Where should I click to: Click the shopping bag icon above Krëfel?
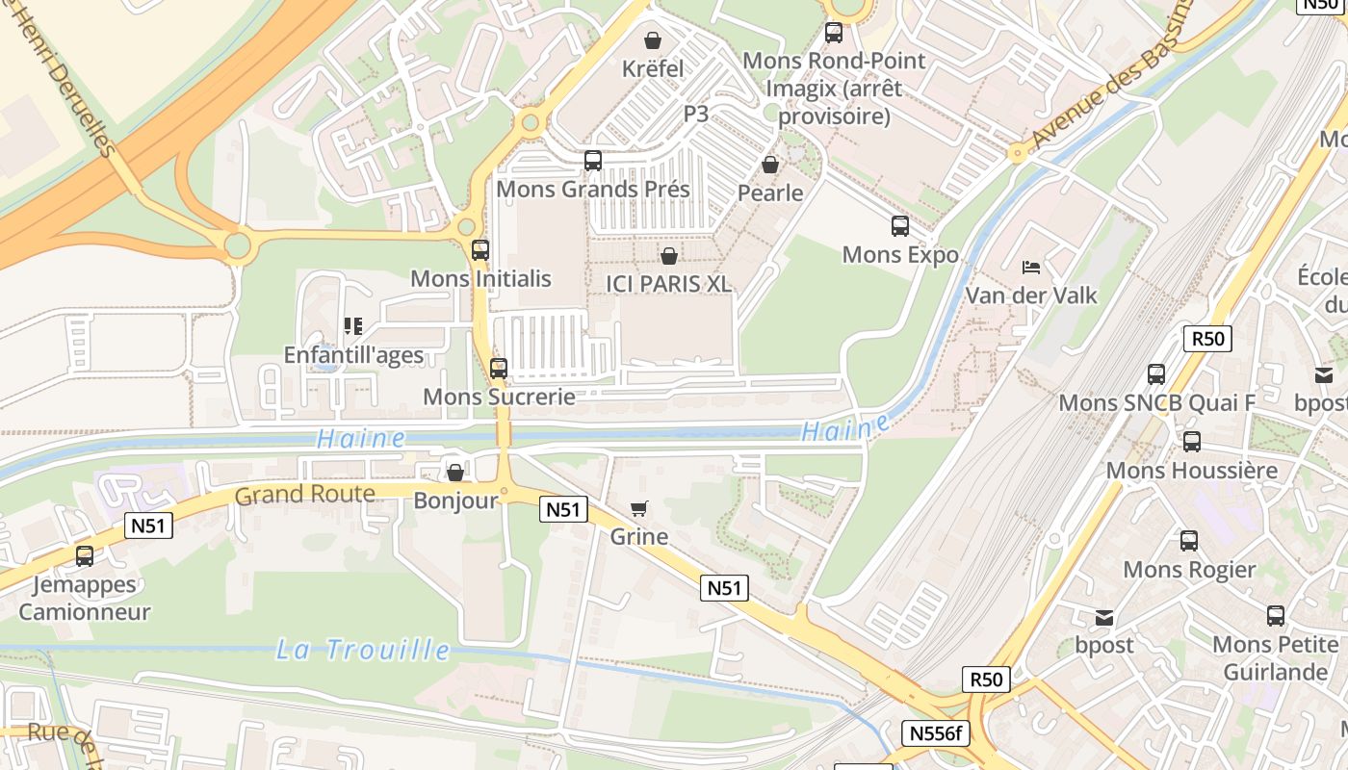(653, 40)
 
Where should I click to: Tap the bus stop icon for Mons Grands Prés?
(593, 161)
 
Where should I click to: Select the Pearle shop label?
(770, 192)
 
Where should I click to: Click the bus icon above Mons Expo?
(900, 226)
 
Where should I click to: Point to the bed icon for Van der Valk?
(1031, 267)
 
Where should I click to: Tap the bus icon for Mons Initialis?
(480, 250)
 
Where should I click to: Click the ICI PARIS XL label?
(668, 284)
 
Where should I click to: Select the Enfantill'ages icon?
(352, 327)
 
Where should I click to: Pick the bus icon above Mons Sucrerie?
(499, 368)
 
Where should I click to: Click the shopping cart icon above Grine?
(638, 508)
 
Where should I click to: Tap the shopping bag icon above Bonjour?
(455, 473)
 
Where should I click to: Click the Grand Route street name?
(304, 495)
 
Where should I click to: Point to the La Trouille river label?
(363, 650)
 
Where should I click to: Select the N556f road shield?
(935, 733)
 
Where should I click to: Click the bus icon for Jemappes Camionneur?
(85, 555)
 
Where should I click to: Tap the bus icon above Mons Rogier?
(1189, 541)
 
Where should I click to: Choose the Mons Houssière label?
(1191, 471)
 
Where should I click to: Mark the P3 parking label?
(696, 114)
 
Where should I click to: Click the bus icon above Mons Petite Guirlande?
(1276, 616)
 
